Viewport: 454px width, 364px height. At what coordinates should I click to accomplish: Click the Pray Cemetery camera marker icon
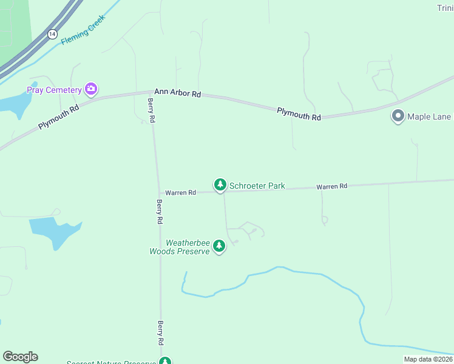click(x=91, y=89)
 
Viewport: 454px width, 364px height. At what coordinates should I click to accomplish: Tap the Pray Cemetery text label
click(x=54, y=90)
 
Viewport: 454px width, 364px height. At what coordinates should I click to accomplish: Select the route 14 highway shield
click(x=52, y=35)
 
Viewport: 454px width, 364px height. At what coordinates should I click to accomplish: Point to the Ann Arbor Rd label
click(x=177, y=93)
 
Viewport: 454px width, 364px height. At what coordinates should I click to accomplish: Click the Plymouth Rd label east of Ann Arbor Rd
click(x=299, y=113)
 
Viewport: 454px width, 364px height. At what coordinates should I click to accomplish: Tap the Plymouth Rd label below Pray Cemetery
click(x=59, y=115)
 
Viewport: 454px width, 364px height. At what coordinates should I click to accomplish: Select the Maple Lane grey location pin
click(x=398, y=116)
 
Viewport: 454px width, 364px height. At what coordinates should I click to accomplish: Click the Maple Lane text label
click(x=429, y=116)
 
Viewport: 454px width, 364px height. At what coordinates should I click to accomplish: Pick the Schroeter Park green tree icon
click(x=220, y=184)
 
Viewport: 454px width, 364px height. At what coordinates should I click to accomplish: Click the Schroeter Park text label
click(x=257, y=186)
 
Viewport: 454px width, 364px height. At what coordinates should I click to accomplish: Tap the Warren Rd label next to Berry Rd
click(x=181, y=192)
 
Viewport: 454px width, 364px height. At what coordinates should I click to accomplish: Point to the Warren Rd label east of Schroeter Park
click(x=331, y=187)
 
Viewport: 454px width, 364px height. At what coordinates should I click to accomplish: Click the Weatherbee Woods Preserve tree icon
click(x=219, y=246)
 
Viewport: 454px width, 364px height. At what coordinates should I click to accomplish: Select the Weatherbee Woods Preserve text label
click(x=180, y=247)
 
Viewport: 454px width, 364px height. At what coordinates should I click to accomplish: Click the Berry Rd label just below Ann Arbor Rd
click(x=151, y=111)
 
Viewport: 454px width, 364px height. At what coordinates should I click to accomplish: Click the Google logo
click(x=20, y=357)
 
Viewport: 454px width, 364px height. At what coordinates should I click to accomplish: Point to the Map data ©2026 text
click(x=428, y=359)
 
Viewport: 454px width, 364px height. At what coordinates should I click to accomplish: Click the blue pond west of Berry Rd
click(x=55, y=231)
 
